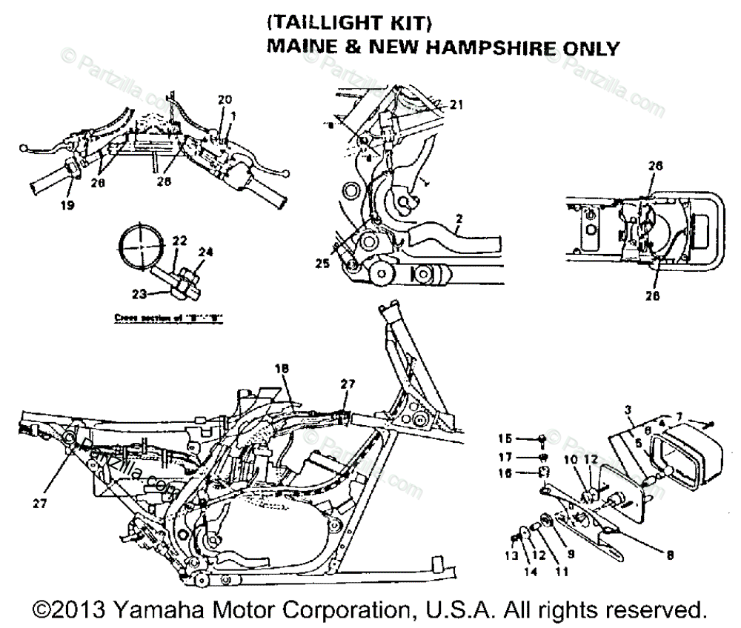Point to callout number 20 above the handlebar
[225, 99]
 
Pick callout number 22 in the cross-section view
[179, 241]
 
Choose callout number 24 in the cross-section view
[205, 251]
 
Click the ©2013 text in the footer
[72, 610]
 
